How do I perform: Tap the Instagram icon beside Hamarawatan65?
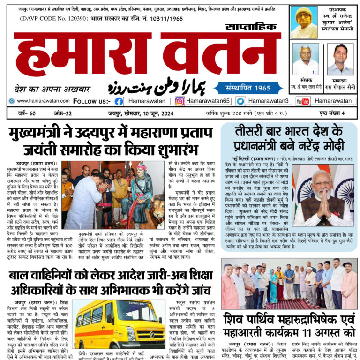point(180,101)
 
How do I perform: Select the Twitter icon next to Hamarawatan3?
point(240,101)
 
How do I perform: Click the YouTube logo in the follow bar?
point(303,101)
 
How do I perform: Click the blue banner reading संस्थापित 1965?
point(248,87)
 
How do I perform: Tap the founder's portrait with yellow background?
point(304,22)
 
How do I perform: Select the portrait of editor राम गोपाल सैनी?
point(340,58)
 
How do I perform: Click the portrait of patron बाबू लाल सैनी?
point(305,58)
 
